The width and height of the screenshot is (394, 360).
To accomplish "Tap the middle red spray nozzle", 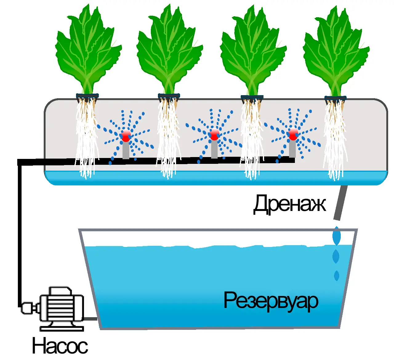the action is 214,134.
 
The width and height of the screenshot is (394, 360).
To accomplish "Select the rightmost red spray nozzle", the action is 293,134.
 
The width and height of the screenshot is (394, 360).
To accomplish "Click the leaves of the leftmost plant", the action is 88,49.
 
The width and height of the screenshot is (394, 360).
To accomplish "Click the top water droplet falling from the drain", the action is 336,236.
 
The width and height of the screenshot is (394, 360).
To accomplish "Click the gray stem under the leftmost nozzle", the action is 126,150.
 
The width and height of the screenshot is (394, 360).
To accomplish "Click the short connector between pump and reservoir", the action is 91,319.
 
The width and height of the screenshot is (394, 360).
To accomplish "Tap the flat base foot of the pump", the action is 62,329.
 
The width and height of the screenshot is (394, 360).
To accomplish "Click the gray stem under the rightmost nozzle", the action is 292,148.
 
